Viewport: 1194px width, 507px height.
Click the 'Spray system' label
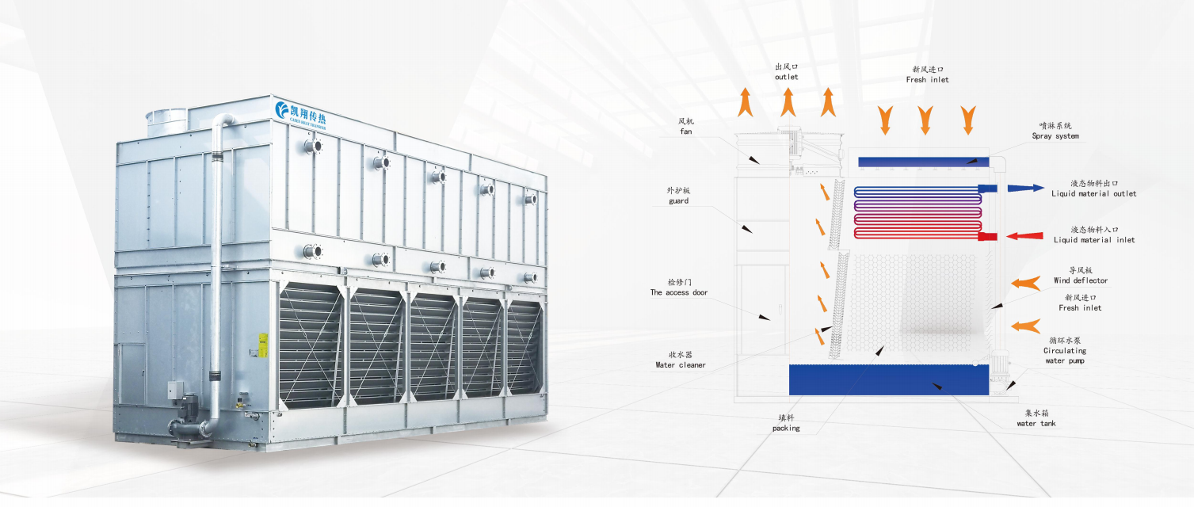pyautogui.click(x=1055, y=136)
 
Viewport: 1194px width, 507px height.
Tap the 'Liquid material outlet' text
pyautogui.click(x=1094, y=194)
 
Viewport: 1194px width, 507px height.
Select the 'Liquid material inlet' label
pyautogui.click(x=1094, y=241)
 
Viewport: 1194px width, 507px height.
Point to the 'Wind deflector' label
pyautogui.click(x=1081, y=281)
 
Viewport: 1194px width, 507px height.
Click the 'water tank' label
pyautogui.click(x=1036, y=424)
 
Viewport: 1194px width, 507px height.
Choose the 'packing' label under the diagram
pyautogui.click(x=786, y=429)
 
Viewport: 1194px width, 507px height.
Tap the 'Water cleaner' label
pyautogui.click(x=681, y=365)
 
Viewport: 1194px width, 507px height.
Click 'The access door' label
pyautogui.click(x=679, y=292)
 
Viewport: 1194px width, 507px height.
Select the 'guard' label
pyautogui.click(x=678, y=201)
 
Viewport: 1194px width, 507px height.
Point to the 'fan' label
pyautogui.click(x=686, y=132)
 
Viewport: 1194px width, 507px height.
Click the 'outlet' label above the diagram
pyautogui.click(x=786, y=78)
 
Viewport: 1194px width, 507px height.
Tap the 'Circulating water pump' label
pyautogui.click(x=1065, y=356)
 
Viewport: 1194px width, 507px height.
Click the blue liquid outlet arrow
pyautogui.click(x=1025, y=189)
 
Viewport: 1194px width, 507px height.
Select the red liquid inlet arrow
pyautogui.click(x=1024, y=236)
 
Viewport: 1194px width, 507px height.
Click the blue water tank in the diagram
pyautogui.click(x=889, y=380)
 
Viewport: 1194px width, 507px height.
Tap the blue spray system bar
pyautogui.click(x=923, y=162)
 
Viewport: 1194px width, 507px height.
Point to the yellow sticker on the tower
pyautogui.click(x=263, y=345)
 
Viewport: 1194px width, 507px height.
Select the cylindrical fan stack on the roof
pyautogui.click(x=166, y=120)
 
